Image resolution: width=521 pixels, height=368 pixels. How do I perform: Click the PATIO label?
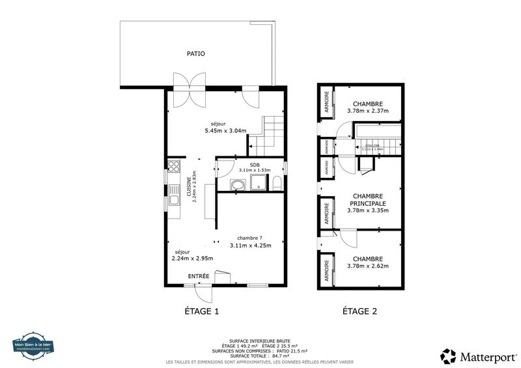tap(196, 54)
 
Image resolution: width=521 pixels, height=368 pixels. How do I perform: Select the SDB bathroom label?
tap(254, 164)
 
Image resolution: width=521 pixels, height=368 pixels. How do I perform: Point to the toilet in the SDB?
tap(277, 182)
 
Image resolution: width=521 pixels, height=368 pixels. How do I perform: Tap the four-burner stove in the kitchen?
tap(173, 167)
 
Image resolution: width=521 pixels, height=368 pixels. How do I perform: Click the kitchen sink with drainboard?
tap(174, 194)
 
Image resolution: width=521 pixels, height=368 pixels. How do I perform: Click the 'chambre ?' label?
tap(250, 238)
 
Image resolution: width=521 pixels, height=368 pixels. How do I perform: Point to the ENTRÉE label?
tap(199, 277)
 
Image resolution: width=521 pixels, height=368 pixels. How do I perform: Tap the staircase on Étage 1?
tap(270, 134)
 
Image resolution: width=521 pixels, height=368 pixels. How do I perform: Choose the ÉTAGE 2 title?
tap(360, 311)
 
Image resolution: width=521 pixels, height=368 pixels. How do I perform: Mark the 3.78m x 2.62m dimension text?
tap(368, 266)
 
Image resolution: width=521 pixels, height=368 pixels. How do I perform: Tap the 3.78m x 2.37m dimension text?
tap(368, 111)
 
